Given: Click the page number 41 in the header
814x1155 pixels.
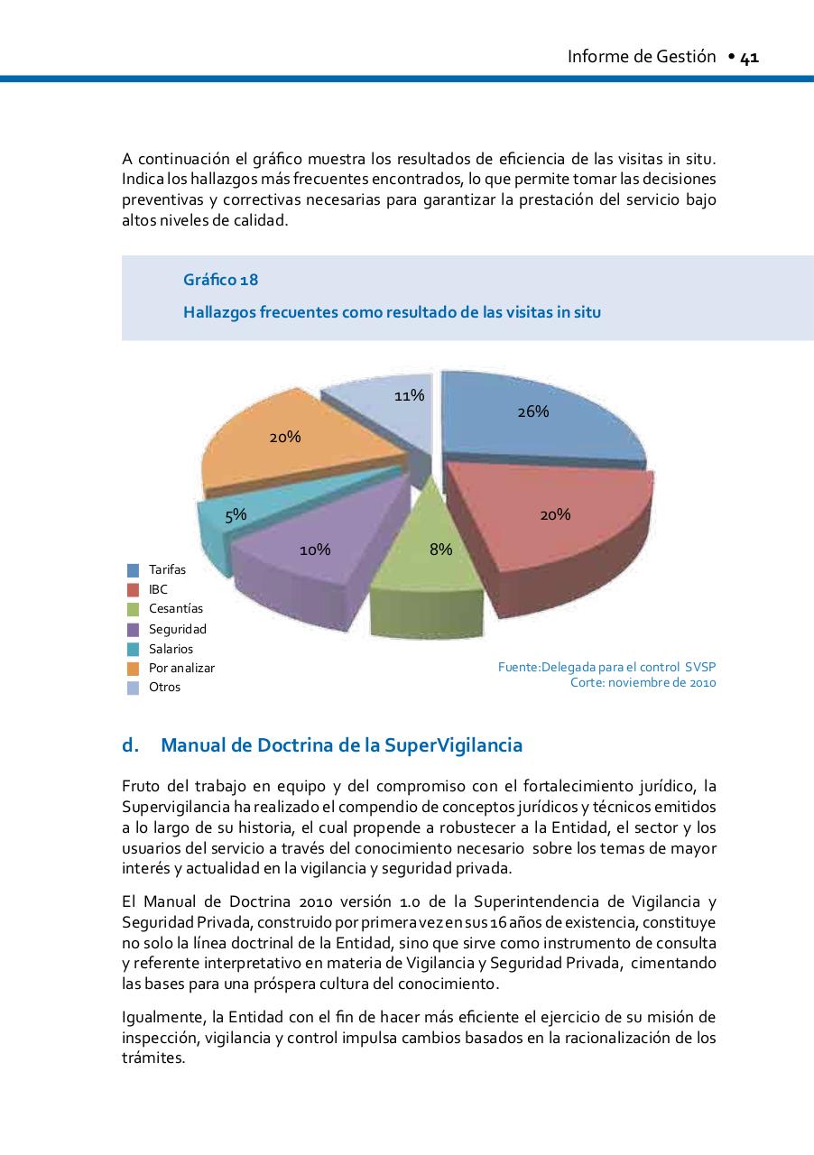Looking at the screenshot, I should pos(750,58).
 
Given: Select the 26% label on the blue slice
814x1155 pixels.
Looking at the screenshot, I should pos(533,411).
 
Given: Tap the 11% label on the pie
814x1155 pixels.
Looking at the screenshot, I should pos(410,395).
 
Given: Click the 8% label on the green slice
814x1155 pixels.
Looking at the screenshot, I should pos(440,549).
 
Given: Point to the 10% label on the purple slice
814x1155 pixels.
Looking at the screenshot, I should pos(315,550).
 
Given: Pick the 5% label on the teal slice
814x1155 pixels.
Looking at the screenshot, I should pos(236,514).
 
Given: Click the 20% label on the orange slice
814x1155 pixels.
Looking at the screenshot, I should pos(285,437).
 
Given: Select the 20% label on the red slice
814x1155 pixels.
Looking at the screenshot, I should pos(555,514).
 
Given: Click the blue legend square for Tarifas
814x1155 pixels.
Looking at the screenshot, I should pos(133,570).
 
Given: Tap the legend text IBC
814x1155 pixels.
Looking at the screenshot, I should pos(158,589).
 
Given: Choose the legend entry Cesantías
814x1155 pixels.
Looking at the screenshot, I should pos(176,609).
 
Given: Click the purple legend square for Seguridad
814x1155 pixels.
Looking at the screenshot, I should pos(133,629).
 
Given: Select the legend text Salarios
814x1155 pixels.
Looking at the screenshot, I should pos(171,649).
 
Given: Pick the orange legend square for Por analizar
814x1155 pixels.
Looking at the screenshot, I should pos(133,669).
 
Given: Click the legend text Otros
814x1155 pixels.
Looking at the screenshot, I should pos(164,688).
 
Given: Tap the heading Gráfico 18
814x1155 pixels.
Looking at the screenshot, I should pos(221,281).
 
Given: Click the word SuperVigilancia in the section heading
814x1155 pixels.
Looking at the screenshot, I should pos(453,746).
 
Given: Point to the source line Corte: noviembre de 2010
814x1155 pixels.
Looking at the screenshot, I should pos(643,683).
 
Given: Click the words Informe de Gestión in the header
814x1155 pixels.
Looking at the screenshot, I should pos(641,58).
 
